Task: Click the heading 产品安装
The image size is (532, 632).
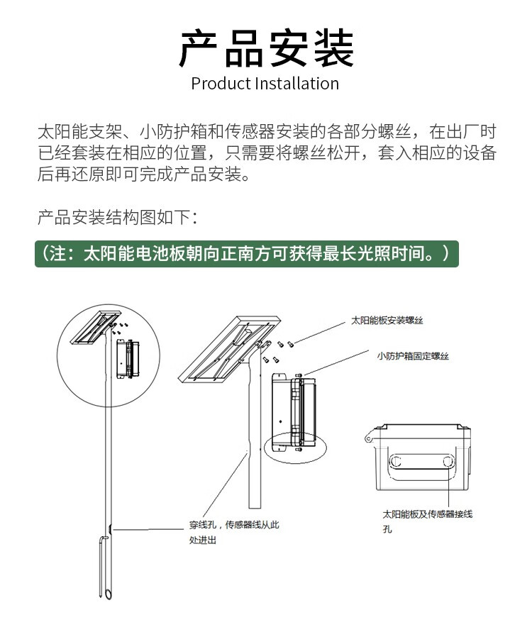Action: pyautogui.click(x=266, y=48)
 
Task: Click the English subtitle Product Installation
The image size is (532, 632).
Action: pyautogui.click(x=265, y=84)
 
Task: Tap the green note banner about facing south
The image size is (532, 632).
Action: pyautogui.click(x=247, y=254)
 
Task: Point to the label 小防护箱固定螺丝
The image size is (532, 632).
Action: pyautogui.click(x=413, y=356)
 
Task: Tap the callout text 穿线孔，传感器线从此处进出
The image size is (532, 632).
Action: pyautogui.click(x=234, y=532)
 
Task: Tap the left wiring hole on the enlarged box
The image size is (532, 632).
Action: pyautogui.click(x=396, y=462)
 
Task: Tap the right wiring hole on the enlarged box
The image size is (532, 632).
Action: pyautogui.click(x=448, y=462)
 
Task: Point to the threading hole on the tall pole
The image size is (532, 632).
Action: pyautogui.click(x=111, y=528)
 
